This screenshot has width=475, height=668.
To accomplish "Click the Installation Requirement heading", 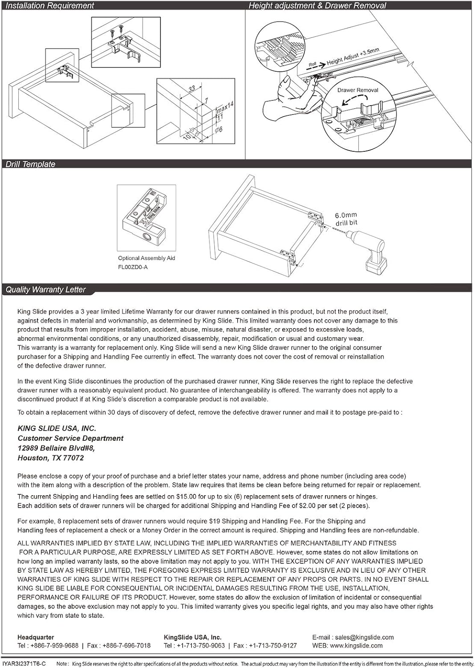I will [x=49, y=6].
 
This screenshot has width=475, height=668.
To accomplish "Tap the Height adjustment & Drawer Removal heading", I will [x=317, y=6].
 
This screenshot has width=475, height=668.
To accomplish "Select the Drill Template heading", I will [x=30, y=164].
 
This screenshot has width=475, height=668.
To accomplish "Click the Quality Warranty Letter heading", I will [x=45, y=289].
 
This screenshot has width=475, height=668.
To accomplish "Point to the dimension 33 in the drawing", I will [x=192, y=89].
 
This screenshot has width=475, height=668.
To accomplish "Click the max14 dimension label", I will [x=225, y=107].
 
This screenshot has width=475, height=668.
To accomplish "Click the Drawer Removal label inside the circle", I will [x=357, y=90].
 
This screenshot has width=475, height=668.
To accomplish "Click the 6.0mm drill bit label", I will [x=346, y=219].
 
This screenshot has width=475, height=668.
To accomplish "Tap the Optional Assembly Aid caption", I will [x=146, y=258].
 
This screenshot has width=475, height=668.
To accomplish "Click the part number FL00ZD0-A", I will [x=133, y=267].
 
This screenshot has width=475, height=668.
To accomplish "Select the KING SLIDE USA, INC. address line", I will [x=57, y=428].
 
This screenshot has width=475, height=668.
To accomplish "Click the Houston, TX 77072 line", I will [x=50, y=458].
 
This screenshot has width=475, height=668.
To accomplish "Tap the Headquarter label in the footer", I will [x=36, y=637].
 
